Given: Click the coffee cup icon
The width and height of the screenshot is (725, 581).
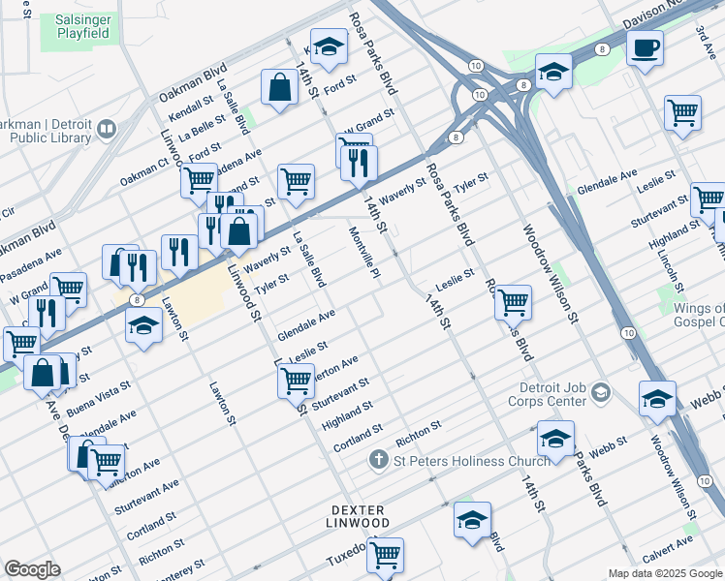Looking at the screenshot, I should pos(645,47).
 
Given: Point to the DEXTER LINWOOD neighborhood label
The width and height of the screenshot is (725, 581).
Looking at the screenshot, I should pos(358,516).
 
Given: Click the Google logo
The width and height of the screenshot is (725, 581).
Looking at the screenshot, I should pos(32,569).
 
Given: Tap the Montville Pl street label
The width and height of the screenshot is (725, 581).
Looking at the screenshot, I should pos(362,250).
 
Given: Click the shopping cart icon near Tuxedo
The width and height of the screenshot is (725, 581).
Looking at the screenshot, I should pos(386,554).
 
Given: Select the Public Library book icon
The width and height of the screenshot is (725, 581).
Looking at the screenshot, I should pos(107,128).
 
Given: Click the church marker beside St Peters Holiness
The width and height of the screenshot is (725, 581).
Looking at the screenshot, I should pos(379,461).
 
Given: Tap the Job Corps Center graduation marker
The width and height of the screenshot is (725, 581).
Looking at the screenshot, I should pos(601,392).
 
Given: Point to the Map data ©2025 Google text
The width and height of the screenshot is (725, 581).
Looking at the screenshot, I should pos(665,573).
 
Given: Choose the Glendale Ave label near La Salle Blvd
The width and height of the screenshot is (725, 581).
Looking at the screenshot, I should pos(305,325).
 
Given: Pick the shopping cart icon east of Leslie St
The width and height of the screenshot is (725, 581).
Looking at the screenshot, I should pos(513,301).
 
